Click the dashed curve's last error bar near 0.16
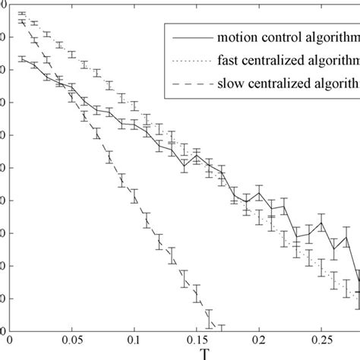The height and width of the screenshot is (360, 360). pyautogui.click(x=209, y=318)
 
